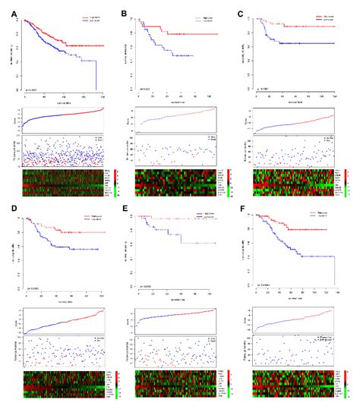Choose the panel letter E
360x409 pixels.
click(x=125, y=208)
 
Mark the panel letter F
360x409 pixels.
click(x=241, y=208)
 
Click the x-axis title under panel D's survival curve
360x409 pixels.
click(x=64, y=299)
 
